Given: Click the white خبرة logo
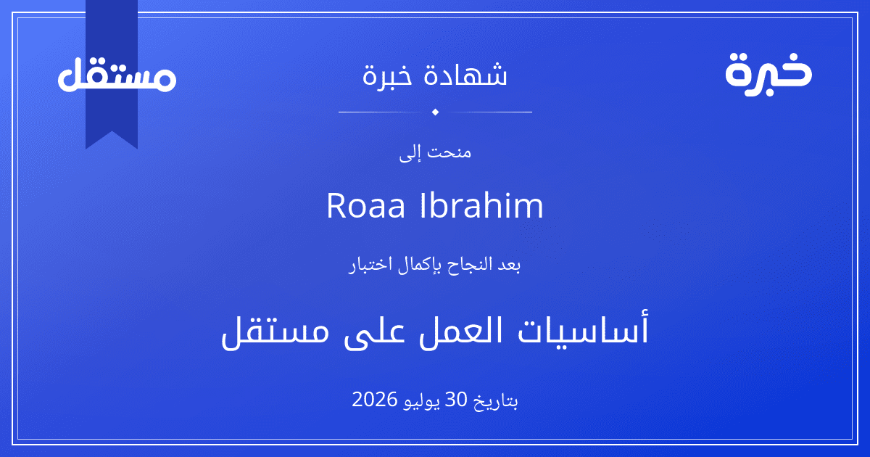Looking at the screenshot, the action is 768,74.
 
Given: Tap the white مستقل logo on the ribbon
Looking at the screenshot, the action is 117,74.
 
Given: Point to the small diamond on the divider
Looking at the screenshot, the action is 436,112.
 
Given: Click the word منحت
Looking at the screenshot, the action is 449,152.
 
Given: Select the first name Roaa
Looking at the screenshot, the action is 366,205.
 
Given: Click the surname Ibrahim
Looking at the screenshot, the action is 481,205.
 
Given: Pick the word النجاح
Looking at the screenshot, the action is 464,265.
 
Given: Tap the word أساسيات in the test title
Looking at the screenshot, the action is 584,329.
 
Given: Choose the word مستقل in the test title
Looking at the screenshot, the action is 275,333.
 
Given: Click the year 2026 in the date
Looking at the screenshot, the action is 375,400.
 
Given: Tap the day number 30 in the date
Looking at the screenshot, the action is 455,400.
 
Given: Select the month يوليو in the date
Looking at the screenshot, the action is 421,401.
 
